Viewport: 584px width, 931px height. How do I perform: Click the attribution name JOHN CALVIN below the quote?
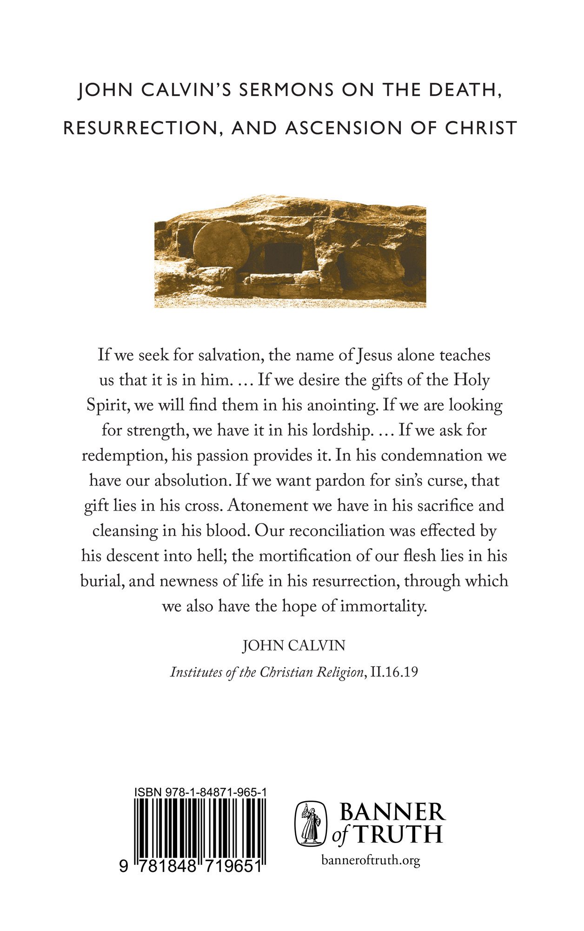[294, 646]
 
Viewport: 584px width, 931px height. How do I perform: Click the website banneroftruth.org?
[371, 860]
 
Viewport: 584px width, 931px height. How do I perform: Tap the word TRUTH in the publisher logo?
[398, 835]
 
